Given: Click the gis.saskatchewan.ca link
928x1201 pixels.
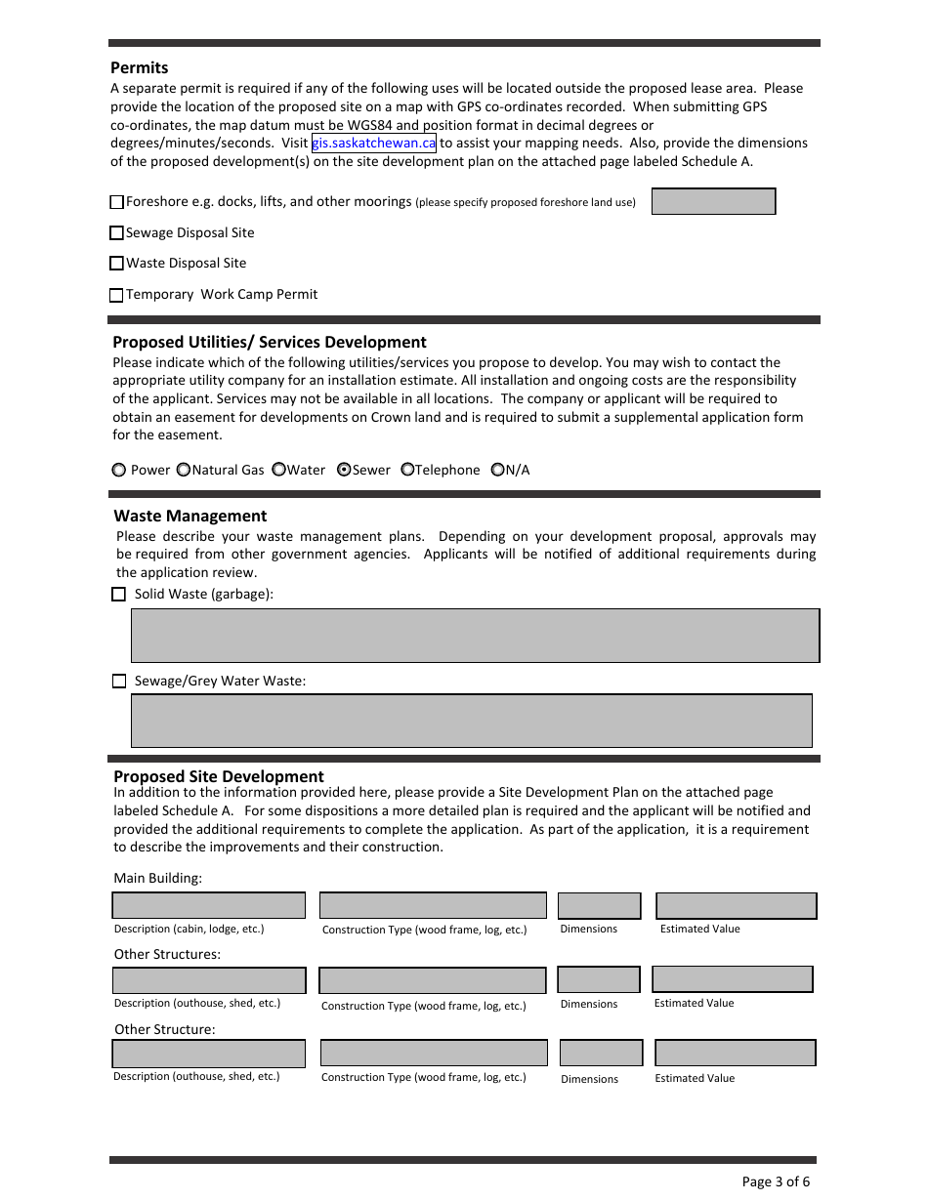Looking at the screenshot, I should click(x=373, y=144).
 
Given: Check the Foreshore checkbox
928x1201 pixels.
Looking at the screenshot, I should click(x=117, y=202).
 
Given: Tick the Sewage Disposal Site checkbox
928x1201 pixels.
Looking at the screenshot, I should click(x=117, y=233).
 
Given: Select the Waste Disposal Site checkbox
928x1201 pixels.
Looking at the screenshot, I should click(x=117, y=264).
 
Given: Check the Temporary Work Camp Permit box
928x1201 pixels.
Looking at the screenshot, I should click(x=117, y=295).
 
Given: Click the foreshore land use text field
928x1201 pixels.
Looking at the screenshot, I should click(x=713, y=202).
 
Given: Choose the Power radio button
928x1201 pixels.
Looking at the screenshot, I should click(x=119, y=470).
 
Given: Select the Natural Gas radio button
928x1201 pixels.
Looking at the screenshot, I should click(x=183, y=470).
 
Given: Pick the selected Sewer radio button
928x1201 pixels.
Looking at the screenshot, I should click(x=344, y=470).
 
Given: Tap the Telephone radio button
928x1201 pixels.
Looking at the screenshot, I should click(x=407, y=470).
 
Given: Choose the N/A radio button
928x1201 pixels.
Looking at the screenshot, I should click(x=497, y=470).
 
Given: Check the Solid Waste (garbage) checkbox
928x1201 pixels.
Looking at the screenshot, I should click(x=119, y=595).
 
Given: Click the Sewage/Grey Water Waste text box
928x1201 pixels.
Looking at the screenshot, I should click(x=472, y=721).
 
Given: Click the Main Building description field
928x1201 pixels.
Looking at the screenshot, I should click(x=209, y=905).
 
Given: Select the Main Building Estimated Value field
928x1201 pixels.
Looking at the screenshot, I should click(x=736, y=905).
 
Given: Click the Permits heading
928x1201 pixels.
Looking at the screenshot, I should click(x=140, y=67).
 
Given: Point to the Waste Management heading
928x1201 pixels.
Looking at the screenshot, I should click(x=190, y=516).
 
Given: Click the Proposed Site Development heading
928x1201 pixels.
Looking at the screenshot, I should click(x=219, y=776).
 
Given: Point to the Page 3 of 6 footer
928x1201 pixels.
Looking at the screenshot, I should click(x=776, y=1181).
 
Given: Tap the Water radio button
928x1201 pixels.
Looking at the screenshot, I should click(x=278, y=470).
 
